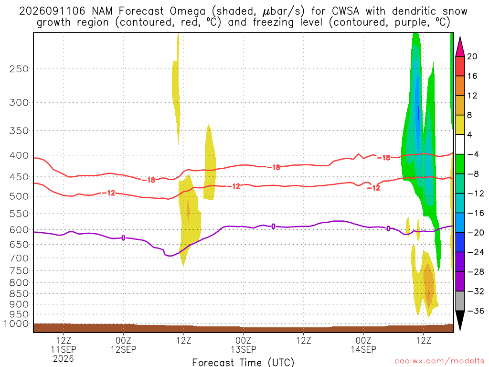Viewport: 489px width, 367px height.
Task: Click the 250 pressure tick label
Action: tap(19, 69)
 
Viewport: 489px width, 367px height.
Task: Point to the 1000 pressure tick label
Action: tap(16, 324)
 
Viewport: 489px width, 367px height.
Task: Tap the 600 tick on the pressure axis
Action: tap(19, 230)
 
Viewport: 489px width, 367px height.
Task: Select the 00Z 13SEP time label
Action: tap(243, 345)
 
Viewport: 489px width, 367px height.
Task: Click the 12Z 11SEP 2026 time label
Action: tap(64, 349)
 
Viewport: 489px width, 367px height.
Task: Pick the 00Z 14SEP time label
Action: tap(363, 345)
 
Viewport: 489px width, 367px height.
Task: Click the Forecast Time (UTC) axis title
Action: tap(243, 362)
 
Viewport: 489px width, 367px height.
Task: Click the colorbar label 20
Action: tap(472, 56)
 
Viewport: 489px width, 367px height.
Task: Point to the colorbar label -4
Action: tap(473, 154)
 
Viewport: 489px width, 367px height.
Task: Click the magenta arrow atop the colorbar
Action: tap(460, 47)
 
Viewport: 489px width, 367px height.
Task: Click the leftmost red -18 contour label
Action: tap(149, 180)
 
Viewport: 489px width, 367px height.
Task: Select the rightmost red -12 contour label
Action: tap(373, 187)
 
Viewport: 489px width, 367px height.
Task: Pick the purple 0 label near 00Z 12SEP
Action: tap(124, 238)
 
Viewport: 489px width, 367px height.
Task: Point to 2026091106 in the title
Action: tap(52, 11)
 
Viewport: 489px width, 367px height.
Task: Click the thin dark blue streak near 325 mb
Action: tap(418, 113)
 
